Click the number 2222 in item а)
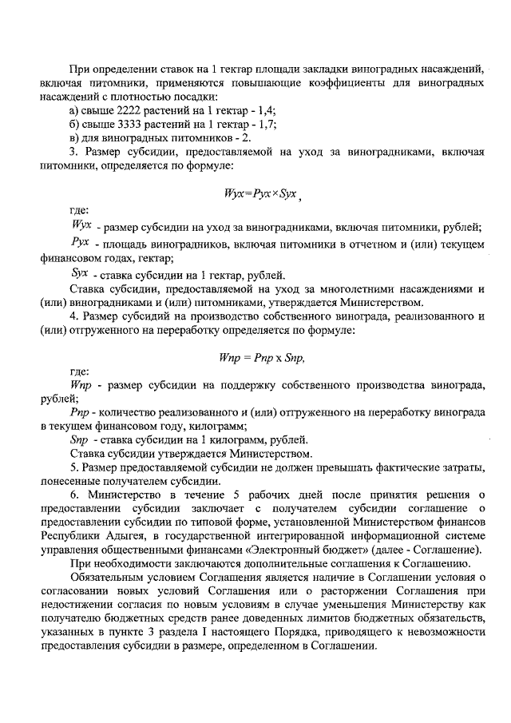click(x=129, y=109)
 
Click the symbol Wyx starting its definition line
click(x=82, y=227)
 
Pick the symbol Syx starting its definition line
click(x=81, y=272)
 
